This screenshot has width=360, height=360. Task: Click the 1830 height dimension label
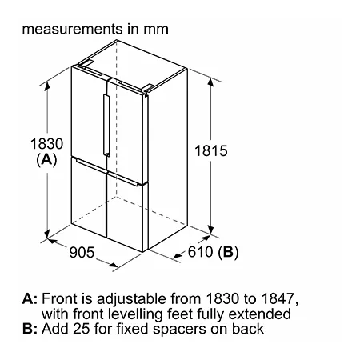[46, 144]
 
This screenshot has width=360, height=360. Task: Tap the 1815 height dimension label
[211, 150]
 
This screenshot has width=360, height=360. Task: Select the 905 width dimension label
[82, 252]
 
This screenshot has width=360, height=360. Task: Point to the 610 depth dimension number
[200, 251]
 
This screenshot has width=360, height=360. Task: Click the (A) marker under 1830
[46, 159]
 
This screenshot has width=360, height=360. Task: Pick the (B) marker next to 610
[228, 252]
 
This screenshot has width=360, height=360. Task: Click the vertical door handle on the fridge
[106, 125]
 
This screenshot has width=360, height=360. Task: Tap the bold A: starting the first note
[30, 298]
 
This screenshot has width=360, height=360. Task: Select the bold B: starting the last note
[30, 329]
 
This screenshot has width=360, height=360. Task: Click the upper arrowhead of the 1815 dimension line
[210, 82]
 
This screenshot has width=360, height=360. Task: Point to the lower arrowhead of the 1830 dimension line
[47, 234]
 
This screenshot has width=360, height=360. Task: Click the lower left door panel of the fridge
[89, 196]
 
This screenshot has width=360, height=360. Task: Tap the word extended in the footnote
[259, 314]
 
